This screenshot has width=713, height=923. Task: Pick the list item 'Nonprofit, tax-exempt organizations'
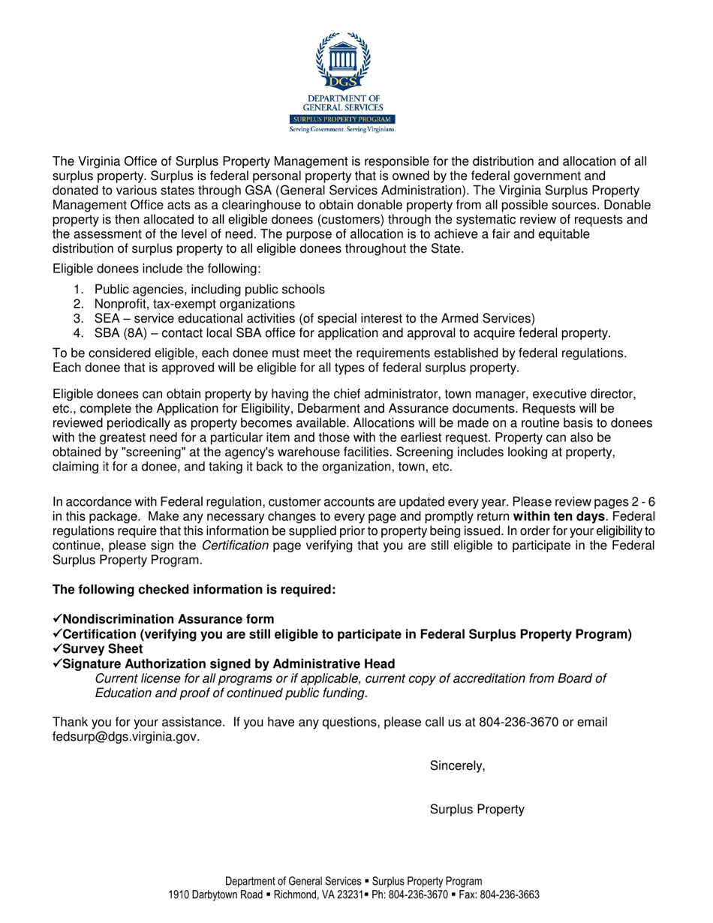194,304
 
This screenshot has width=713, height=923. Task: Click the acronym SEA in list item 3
107,318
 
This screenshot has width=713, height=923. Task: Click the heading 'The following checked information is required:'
193,590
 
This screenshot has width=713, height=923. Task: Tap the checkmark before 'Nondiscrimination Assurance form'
57,619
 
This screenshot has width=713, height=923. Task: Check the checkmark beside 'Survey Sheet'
57,648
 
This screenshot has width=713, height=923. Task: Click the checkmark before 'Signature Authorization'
57,663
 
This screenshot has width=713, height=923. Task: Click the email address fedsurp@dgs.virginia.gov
125,737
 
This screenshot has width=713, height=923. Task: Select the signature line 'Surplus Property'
477,810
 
